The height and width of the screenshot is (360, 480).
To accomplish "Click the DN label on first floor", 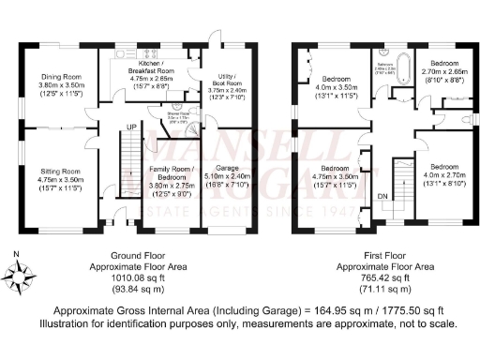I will coord(382,196).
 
